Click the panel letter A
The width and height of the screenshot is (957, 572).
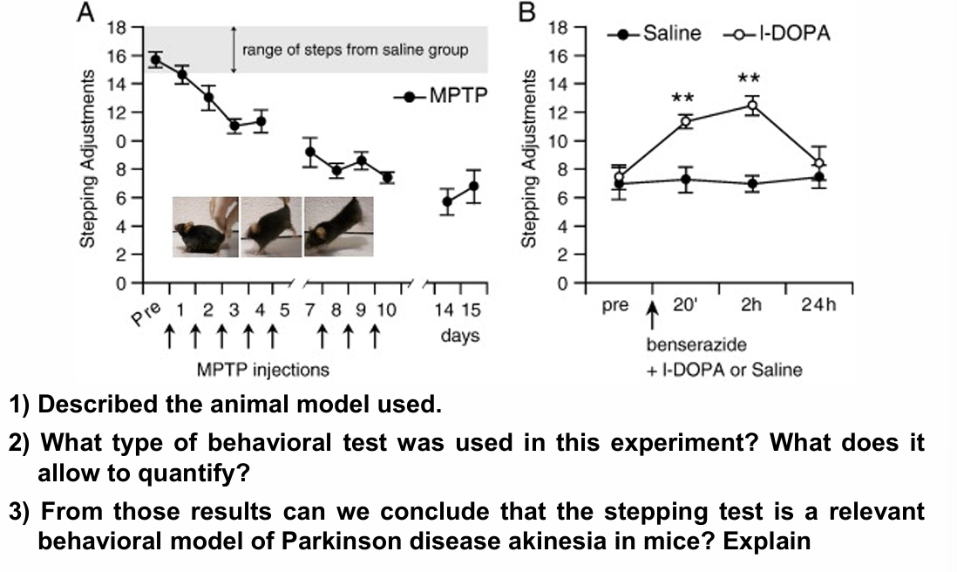coord(85,15)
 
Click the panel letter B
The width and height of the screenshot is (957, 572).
coord(528,15)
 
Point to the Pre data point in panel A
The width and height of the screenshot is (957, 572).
coord(156,59)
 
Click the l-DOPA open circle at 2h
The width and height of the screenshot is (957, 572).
coord(752,106)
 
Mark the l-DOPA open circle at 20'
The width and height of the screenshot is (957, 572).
coord(686,121)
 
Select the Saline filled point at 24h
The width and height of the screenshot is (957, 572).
coord(818,177)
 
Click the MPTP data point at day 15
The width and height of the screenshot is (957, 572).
coord(473,186)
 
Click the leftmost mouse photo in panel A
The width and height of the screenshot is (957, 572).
coord(205,226)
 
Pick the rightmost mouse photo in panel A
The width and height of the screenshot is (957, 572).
coord(339,226)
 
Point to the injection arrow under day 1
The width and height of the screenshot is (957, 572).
coord(171,337)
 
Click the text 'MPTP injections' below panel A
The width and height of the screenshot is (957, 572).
coord(263,370)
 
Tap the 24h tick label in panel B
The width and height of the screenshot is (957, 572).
coord(818,306)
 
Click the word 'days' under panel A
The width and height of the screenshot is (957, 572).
coord(460,336)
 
